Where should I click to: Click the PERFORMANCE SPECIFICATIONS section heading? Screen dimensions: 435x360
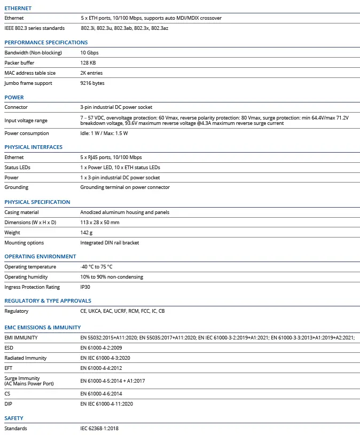tap(46, 42)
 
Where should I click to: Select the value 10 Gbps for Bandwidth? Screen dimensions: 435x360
tap(89, 53)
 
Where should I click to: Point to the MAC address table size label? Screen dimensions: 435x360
tap(30, 73)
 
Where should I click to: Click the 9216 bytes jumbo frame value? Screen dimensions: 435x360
tap(92, 83)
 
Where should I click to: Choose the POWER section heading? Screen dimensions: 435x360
tap(14, 98)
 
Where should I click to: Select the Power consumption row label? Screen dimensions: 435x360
tap(27, 133)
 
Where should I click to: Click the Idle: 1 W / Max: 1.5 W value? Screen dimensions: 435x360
tap(104, 133)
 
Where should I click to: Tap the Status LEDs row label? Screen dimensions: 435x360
tap(18, 168)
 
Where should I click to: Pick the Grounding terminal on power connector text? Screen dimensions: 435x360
tap(125, 187)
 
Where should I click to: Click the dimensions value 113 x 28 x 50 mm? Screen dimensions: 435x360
tap(100, 222)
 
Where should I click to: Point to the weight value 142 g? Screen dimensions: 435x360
tap(87, 233)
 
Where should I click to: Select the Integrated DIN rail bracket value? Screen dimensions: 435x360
tap(109, 243)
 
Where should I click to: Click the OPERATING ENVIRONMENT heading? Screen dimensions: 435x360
tap(40, 257)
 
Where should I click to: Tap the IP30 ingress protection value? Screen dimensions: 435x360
tap(86, 287)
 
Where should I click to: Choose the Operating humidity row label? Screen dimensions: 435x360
tap(26, 277)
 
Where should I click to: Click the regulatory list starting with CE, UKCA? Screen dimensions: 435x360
tap(122, 311)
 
